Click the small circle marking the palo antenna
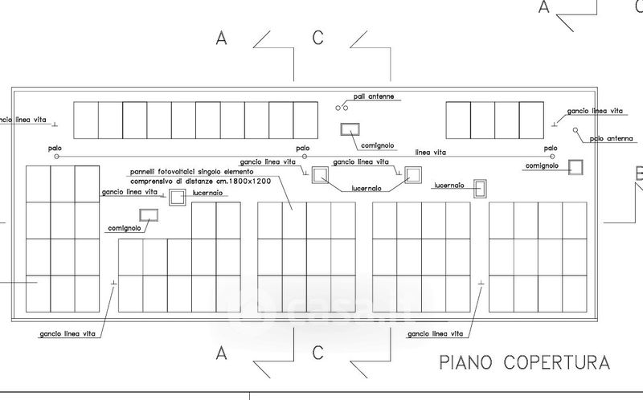tap(575, 129)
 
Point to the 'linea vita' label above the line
tap(432, 151)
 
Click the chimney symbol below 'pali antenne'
tap(350, 129)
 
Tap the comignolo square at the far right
tap(575, 166)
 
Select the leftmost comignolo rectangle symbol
tap(149, 214)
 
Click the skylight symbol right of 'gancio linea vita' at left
tap(177, 197)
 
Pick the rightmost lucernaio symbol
tap(480, 190)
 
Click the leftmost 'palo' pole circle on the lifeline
tap(56, 157)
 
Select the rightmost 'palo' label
tap(550, 148)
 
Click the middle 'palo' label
tap(302, 148)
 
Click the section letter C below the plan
tap(318, 352)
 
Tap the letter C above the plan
tap(318, 37)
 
